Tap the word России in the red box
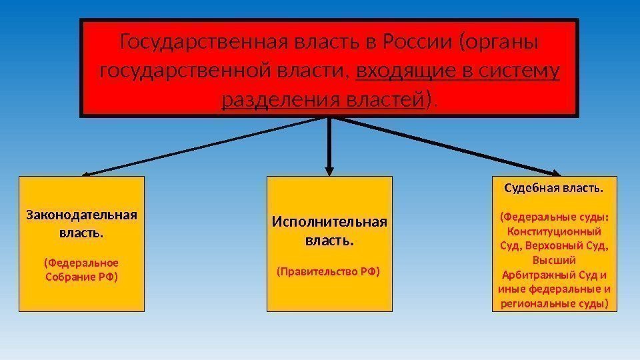(x=420, y=43)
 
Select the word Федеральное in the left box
(x=81, y=263)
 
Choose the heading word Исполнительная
(x=329, y=222)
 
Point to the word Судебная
(x=531, y=189)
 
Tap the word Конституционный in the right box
(x=555, y=231)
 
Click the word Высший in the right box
(x=555, y=260)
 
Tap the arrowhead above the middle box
(x=329, y=170)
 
